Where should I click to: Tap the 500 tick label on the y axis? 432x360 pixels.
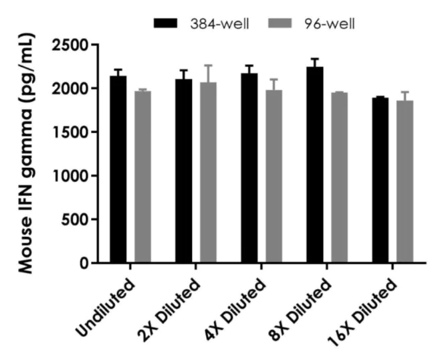coord(75,219)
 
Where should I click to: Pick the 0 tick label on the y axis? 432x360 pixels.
coord(84,263)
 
